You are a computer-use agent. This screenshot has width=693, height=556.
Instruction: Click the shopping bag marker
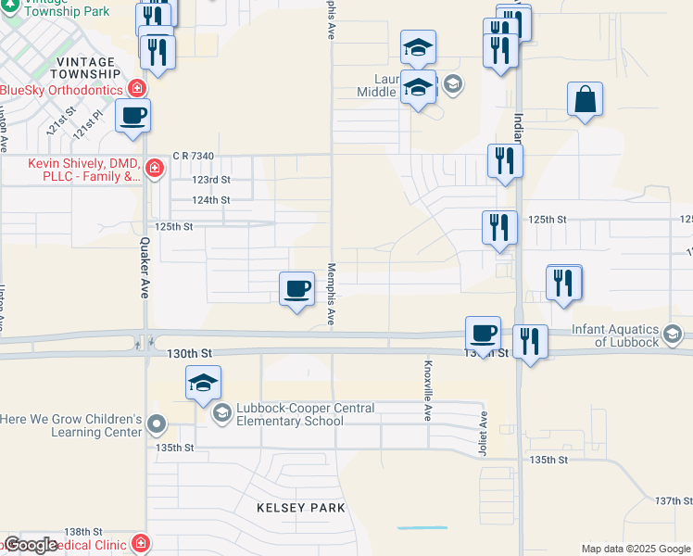[x=586, y=99]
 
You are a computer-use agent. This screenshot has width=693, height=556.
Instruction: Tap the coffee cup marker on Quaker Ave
[x=132, y=117]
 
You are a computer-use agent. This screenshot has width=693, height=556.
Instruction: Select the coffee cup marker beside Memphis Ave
[x=296, y=288]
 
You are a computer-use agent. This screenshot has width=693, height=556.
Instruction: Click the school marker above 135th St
[x=204, y=383]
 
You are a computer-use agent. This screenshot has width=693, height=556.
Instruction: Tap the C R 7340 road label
[x=194, y=156]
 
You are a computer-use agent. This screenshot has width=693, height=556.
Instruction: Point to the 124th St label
[x=211, y=199]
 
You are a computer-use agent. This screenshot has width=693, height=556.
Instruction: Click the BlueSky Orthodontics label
[x=63, y=90]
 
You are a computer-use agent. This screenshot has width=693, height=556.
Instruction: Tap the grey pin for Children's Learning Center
[x=157, y=425]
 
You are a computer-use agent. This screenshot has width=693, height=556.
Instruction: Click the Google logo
[x=30, y=545]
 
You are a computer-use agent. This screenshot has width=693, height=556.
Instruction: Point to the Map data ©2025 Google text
[x=635, y=549]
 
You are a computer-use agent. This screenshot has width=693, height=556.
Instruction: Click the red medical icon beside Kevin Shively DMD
[x=154, y=169]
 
